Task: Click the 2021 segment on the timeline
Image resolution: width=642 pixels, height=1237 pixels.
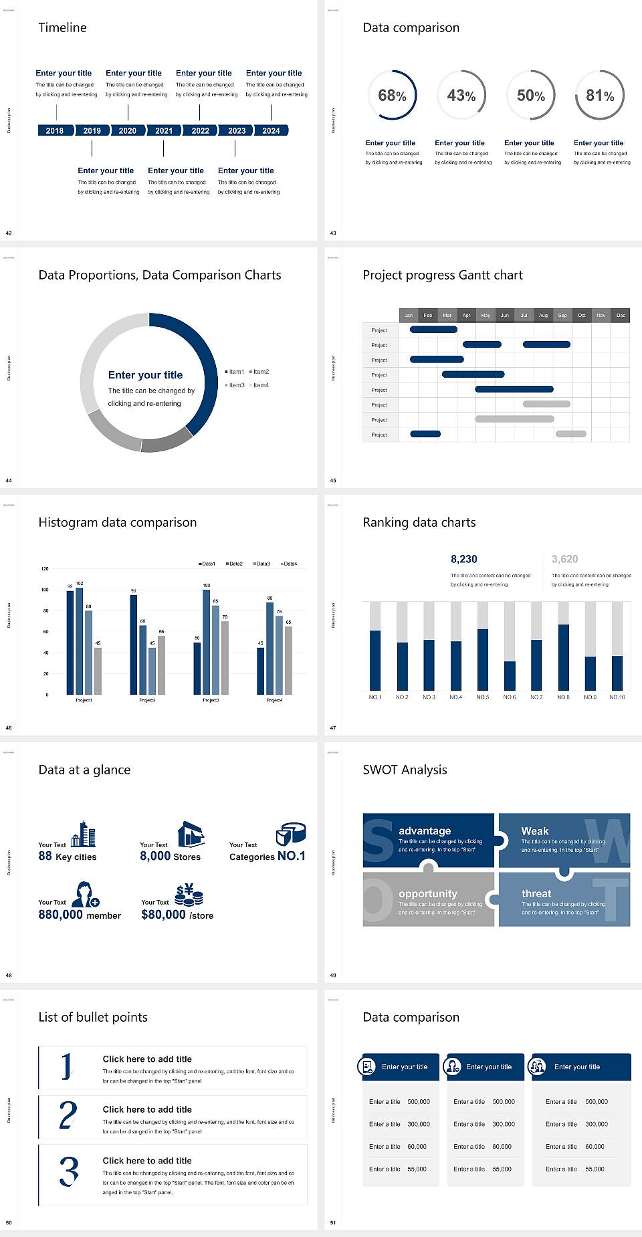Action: [x=164, y=130]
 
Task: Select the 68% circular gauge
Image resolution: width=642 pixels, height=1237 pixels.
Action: [x=392, y=95]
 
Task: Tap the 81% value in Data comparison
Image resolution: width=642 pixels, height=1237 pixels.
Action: [x=600, y=96]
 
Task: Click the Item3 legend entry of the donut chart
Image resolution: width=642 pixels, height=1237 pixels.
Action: [x=235, y=385]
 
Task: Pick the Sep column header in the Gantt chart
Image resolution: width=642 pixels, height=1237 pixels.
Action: [x=562, y=315]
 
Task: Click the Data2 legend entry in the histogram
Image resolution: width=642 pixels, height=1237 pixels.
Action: [x=234, y=564]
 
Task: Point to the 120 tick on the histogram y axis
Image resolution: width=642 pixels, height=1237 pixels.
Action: [x=45, y=568]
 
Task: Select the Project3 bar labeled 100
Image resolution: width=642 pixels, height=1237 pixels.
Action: [x=206, y=641]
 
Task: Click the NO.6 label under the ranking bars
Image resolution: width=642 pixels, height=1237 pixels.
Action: [x=510, y=697]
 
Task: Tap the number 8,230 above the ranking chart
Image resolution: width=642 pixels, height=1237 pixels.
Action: [x=463, y=559]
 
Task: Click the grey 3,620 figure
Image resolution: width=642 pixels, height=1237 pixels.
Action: [x=564, y=559]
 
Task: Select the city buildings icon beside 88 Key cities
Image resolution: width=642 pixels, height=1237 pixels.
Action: [x=84, y=834]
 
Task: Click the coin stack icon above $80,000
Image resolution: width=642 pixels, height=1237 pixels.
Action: [x=189, y=894]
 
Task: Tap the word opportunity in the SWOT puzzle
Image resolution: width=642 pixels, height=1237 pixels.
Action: [x=428, y=893]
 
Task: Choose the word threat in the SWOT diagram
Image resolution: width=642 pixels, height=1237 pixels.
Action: [x=536, y=893]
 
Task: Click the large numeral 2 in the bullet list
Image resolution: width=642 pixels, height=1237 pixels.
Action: [x=68, y=1115]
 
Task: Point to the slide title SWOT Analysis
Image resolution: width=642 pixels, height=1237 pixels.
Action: [x=405, y=770]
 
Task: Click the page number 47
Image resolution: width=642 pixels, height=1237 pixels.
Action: [x=333, y=727]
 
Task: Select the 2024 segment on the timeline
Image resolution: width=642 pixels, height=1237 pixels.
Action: [x=271, y=130]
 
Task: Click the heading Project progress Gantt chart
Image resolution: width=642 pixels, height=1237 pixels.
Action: [x=442, y=275]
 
